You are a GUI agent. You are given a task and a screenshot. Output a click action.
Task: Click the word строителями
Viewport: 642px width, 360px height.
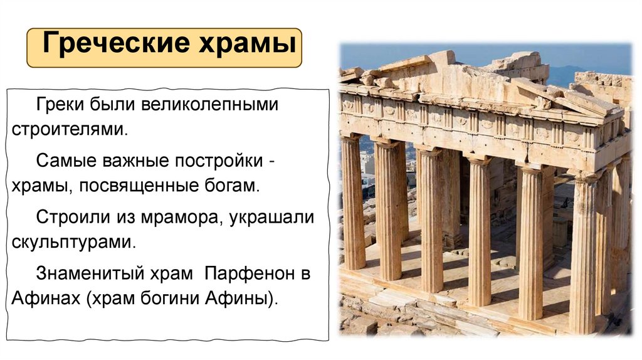[69, 130]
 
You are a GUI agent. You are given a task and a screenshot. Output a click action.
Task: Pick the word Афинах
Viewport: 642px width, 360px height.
[38, 299]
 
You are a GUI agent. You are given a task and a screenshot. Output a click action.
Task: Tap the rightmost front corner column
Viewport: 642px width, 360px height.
[582, 251]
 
